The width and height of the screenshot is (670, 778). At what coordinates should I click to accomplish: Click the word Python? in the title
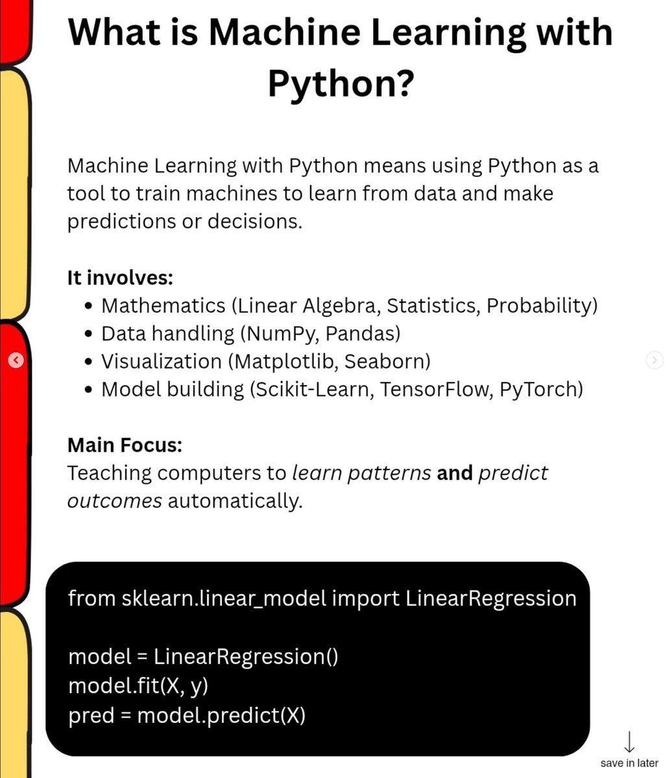pos(341,83)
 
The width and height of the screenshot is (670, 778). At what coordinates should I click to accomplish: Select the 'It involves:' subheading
pos(120,277)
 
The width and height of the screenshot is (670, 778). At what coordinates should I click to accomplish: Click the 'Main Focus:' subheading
pos(125,445)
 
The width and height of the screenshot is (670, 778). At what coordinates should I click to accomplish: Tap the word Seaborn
pos(387,361)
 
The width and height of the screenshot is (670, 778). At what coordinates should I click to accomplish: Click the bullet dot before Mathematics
pos(90,306)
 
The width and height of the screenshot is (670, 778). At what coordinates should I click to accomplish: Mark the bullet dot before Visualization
pos(90,362)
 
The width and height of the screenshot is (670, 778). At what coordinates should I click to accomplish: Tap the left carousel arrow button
pos(16,360)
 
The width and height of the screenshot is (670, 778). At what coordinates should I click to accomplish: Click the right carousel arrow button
pos(654,360)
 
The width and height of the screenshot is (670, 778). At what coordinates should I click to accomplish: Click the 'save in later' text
pos(629,763)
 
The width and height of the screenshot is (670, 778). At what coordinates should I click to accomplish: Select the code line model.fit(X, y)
pos(138,685)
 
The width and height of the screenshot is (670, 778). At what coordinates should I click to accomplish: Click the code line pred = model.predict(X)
pos(187,715)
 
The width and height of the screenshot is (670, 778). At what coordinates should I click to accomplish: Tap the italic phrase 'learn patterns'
pos(361,473)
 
